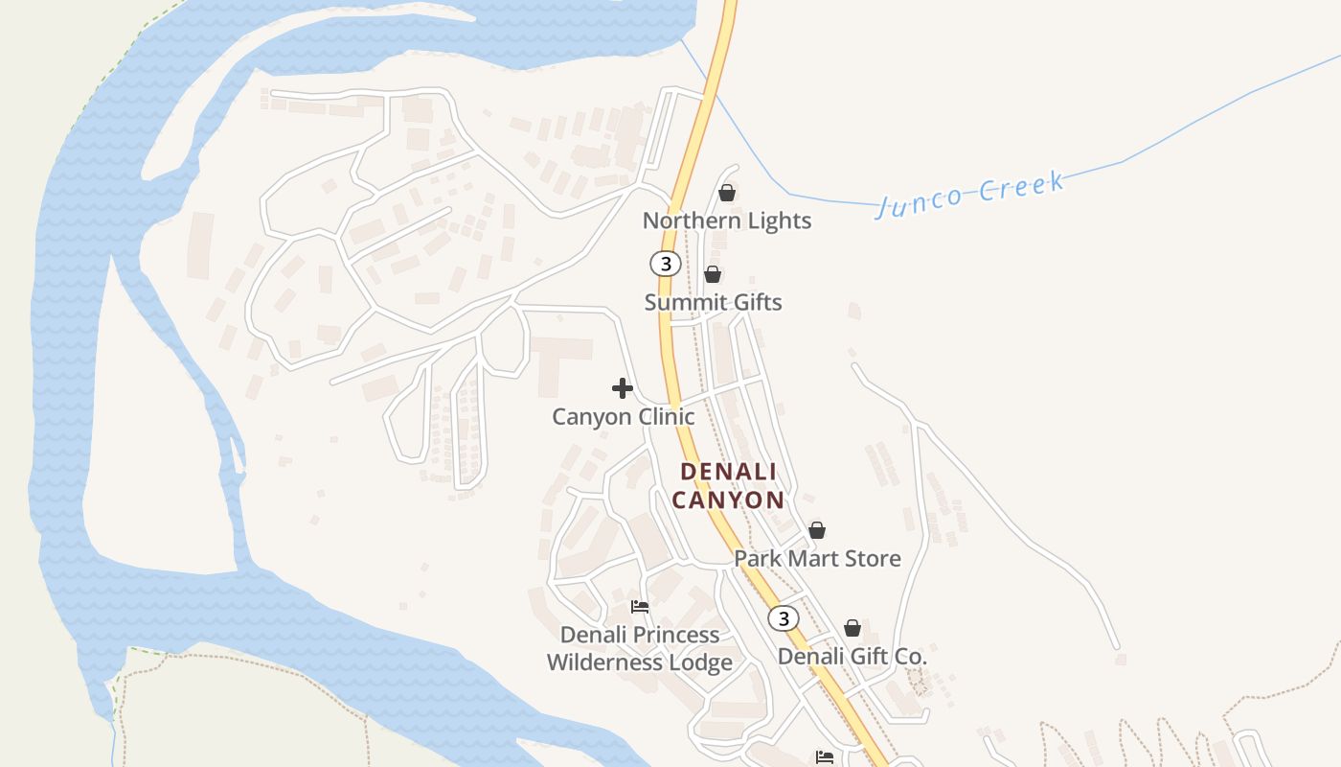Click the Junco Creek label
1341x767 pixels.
coord(969,193)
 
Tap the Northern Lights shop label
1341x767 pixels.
coord(727,221)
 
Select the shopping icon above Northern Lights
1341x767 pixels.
coord(727,193)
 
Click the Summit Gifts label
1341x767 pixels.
coord(713,302)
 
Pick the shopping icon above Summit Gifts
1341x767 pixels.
coord(713,274)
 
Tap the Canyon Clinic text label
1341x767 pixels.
coord(623,417)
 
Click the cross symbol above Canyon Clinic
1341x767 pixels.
coord(623,388)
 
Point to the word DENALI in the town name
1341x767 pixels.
coord(728,472)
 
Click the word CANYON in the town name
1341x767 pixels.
coord(728,500)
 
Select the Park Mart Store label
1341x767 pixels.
coord(817,558)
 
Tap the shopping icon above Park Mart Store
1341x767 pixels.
coord(817,530)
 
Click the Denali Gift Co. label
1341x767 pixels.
coord(852,657)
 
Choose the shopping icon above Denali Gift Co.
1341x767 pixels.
coord(852,628)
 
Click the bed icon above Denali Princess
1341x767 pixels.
coord(640,607)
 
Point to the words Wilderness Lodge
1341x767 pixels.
coord(640,662)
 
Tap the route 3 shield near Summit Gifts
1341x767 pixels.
coord(665,264)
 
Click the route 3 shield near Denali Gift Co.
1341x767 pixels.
coord(784,618)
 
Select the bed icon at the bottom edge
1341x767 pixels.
coord(825,757)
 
